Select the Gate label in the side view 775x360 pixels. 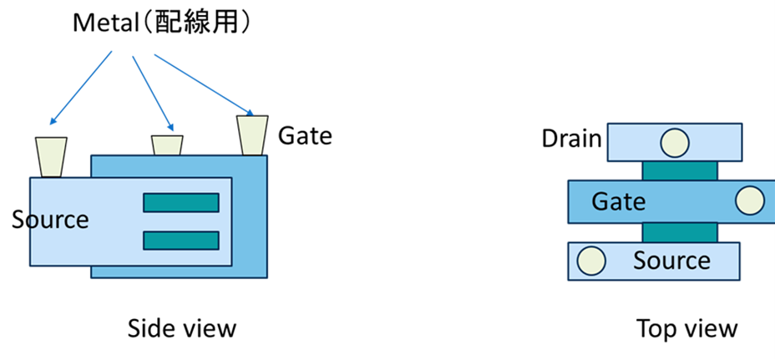tap(305, 134)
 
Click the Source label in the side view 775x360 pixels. tap(50, 220)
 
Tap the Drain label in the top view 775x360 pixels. tap(572, 138)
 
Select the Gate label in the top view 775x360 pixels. tap(619, 201)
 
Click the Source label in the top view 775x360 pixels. tap(671, 260)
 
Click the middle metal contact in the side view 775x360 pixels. tap(167, 144)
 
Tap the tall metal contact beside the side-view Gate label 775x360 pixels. tap(251, 134)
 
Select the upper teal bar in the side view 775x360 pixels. tap(181, 202)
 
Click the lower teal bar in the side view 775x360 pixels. tap(181, 241)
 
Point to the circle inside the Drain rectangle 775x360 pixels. tap(674, 143)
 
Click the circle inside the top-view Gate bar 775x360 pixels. tap(750, 201)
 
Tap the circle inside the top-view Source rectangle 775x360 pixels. tap(590, 261)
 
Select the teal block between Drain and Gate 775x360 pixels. tap(679, 170)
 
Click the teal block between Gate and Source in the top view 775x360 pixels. tap(679, 232)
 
